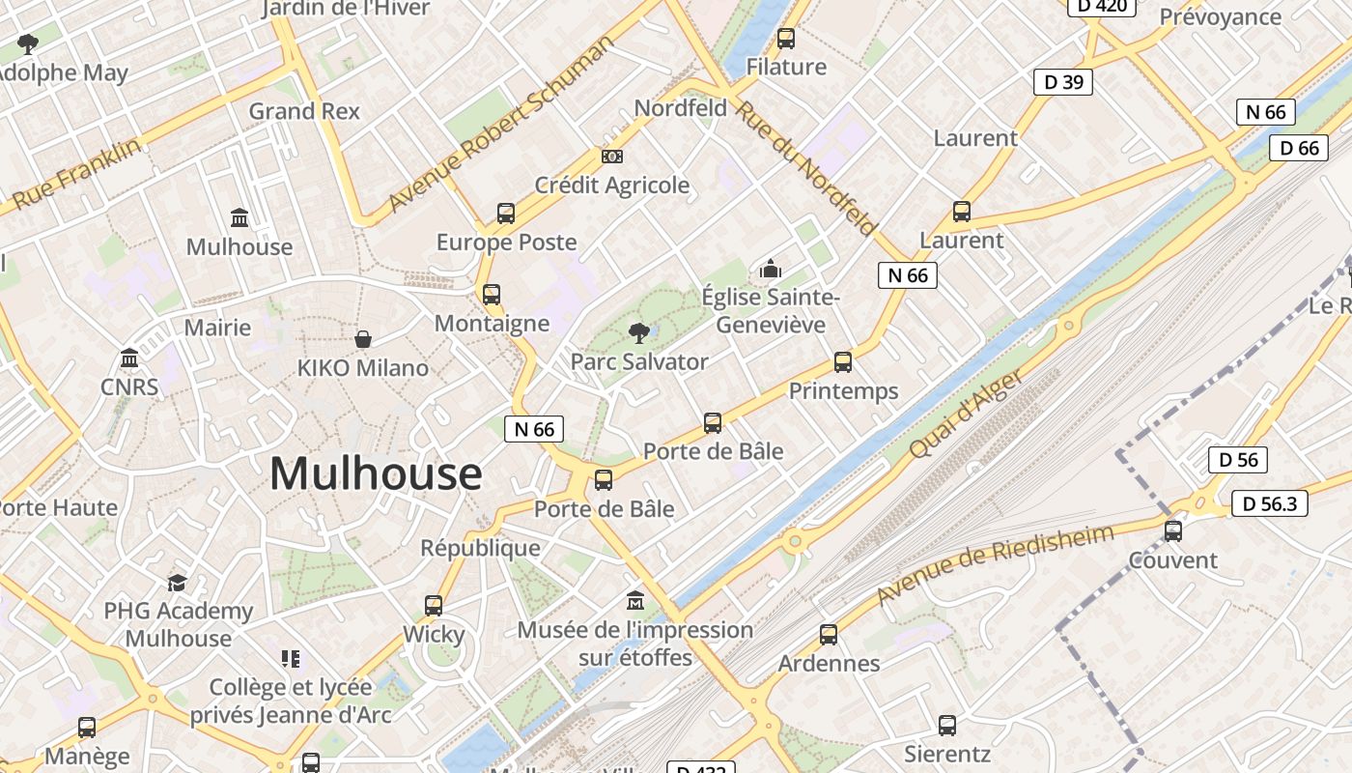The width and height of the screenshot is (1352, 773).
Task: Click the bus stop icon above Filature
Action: (x=786, y=39)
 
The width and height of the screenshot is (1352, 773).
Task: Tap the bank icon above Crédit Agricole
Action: (x=611, y=157)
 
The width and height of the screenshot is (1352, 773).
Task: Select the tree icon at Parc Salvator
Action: (x=638, y=333)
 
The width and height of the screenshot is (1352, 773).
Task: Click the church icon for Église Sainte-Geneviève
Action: (x=770, y=269)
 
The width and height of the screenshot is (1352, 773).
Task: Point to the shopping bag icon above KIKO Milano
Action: (x=363, y=339)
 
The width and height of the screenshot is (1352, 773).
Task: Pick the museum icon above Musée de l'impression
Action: (x=635, y=601)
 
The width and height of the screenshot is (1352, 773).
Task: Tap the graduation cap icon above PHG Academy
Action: (x=177, y=583)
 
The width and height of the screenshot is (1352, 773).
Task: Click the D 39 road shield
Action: (x=1063, y=82)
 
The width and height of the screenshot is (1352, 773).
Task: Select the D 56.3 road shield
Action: (x=1270, y=503)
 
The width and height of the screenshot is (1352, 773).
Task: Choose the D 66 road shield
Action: (x=1299, y=148)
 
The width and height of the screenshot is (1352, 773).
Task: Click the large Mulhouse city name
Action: (x=376, y=473)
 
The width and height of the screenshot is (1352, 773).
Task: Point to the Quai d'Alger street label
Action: (x=966, y=415)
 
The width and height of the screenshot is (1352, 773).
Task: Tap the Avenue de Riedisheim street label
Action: (x=995, y=564)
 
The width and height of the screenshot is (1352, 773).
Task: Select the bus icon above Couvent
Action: (x=1173, y=530)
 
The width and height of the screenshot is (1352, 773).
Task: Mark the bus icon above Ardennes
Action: (x=829, y=635)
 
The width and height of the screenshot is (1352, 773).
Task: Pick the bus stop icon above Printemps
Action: (x=843, y=362)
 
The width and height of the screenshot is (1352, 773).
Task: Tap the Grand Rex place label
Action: (x=304, y=111)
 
